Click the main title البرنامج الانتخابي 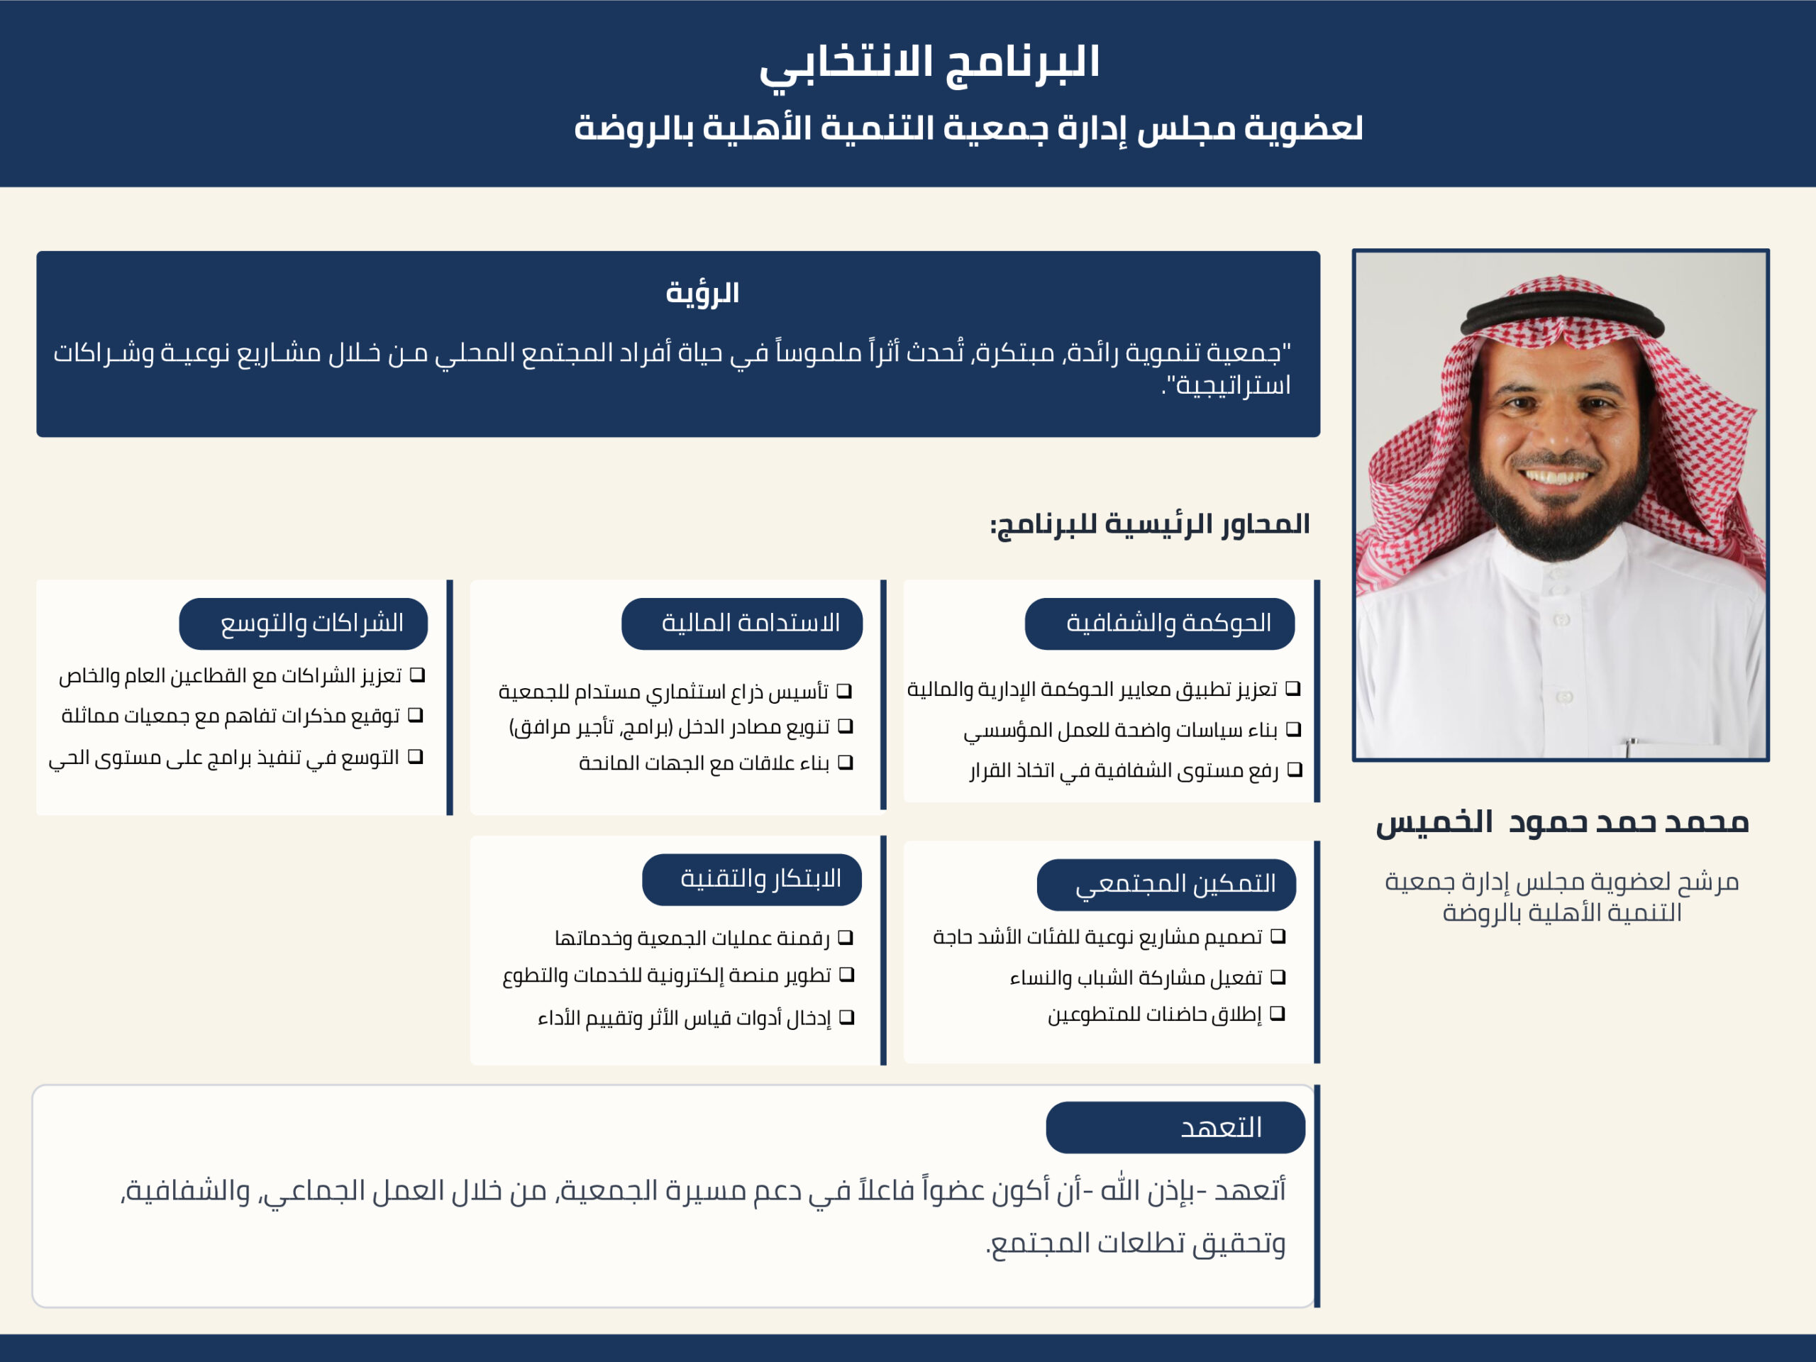[929, 64]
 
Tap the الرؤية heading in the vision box [702, 293]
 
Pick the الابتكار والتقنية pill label [751, 879]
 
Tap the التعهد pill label [1175, 1127]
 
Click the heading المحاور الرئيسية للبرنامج [1149, 524]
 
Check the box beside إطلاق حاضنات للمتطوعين [1277, 1013]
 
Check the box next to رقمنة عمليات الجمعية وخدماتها [846, 937]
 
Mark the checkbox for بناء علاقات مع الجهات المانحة [846, 763]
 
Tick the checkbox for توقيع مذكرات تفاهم [416, 715]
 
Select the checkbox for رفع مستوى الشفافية [1295, 769]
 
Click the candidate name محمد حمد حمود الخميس [1561, 821]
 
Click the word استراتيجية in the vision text [1232, 385]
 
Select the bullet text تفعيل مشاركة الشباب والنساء [1136, 978]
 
